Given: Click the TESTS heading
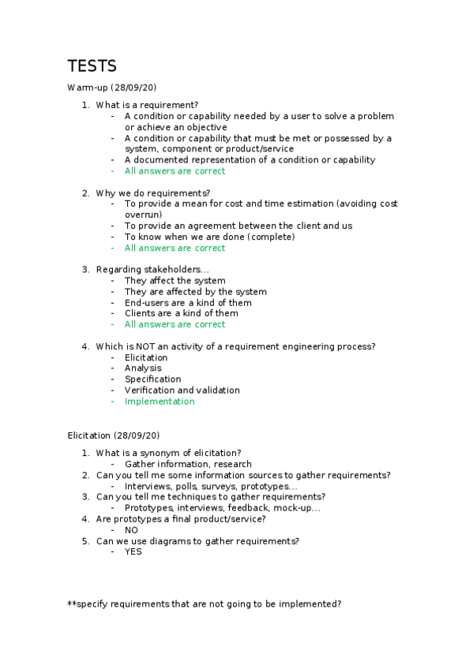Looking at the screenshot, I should [92, 65].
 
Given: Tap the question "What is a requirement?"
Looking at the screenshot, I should [147, 105].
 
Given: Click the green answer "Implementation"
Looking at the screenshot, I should [159, 401].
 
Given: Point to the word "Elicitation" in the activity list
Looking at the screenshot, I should [146, 357].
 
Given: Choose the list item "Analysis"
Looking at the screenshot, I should [143, 368].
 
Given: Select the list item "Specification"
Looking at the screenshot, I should [152, 379].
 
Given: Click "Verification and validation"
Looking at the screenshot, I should [182, 391].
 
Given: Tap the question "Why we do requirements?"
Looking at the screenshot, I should [153, 192].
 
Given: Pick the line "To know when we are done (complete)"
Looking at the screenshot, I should [209, 237].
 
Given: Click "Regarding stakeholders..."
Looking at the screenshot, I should [152, 270].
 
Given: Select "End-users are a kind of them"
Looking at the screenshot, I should [188, 303].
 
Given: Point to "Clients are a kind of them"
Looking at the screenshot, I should [181, 313].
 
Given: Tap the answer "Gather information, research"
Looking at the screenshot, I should [188, 465].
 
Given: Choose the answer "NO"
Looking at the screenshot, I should [131, 530].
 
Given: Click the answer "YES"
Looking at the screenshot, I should [133, 552].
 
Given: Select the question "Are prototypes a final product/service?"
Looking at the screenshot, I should [181, 519].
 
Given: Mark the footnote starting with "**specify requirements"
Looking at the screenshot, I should [205, 604].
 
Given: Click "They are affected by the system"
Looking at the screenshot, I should [195, 292].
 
